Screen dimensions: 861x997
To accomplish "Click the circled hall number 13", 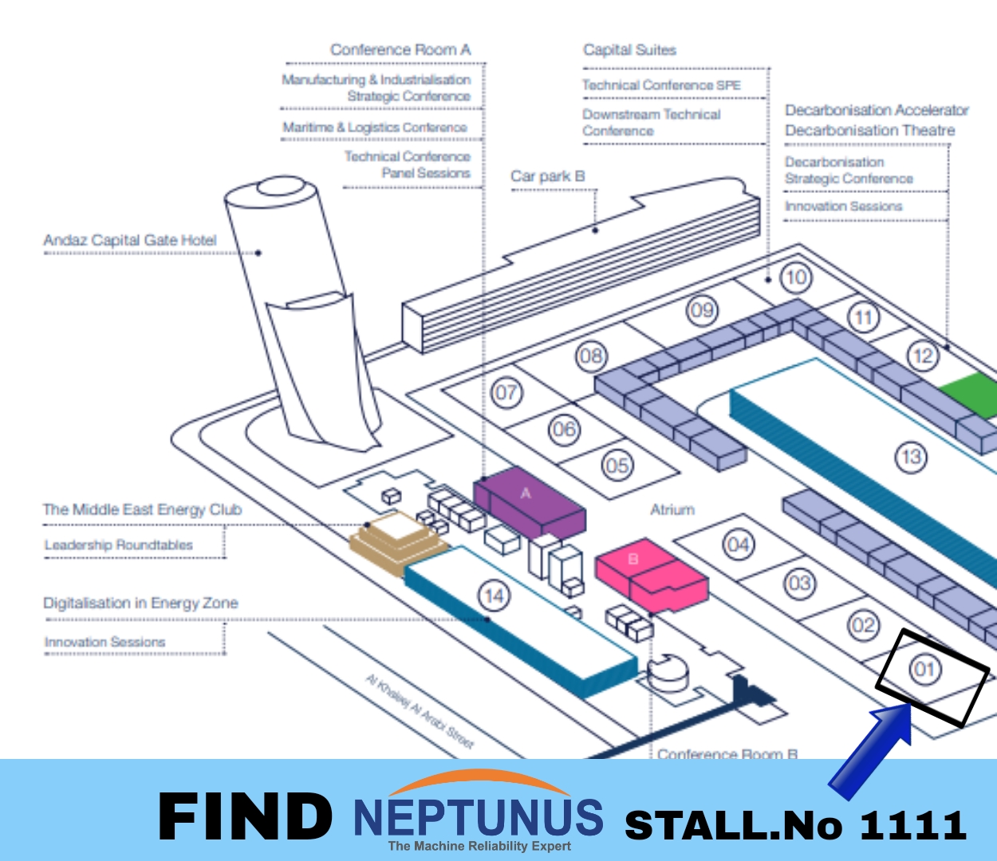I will (911, 458).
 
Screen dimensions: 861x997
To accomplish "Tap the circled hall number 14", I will (494, 596).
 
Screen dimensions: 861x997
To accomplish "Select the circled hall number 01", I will (924, 668).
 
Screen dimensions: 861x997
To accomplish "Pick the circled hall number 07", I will (506, 392).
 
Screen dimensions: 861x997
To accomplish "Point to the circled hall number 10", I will (796, 277).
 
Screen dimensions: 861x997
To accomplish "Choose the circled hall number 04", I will (738, 545).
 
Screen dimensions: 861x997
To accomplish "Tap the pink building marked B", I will (649, 572).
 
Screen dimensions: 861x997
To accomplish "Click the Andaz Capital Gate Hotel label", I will (130, 240).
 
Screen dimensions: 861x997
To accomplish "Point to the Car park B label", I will (547, 176).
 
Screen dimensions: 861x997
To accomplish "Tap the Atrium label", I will (672, 509).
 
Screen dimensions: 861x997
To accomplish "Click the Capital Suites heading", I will (629, 50).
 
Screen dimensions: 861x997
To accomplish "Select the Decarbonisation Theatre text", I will (869, 130).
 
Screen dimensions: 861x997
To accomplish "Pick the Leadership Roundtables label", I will (119, 545).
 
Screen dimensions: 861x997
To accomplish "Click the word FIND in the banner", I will (246, 816).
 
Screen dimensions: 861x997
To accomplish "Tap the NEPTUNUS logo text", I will (479, 816).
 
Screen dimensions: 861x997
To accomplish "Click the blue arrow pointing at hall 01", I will (872, 749).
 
